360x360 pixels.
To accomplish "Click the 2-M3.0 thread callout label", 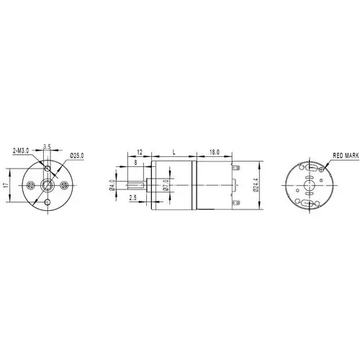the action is point(21,150).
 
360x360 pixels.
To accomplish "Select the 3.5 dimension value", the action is point(47,146).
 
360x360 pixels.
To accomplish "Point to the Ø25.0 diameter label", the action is point(77,156).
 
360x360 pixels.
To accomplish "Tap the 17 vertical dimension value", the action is point(6,185).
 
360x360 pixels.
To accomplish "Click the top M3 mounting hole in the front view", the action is point(48,168).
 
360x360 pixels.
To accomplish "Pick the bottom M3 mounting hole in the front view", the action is point(48,202).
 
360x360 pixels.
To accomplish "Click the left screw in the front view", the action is point(30,185).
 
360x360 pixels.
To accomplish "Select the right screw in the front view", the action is point(64,185).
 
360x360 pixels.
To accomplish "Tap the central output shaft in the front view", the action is point(48,185).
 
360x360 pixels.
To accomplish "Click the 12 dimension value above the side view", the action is point(140,152).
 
